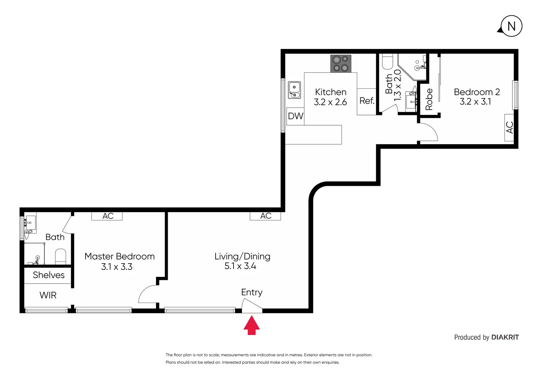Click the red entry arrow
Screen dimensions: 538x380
pos(251,325)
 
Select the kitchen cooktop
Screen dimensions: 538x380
pos(341,64)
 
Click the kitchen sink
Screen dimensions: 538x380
pos(294,90)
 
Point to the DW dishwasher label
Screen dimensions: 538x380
pos(295,116)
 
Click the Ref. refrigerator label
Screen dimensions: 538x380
pos(367,101)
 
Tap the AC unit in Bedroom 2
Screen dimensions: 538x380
pos(509,127)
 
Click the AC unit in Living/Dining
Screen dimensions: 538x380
pos(265,216)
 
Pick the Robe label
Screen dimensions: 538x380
pos(429,99)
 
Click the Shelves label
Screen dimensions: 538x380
pos(49,275)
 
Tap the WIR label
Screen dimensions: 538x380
pos(48,295)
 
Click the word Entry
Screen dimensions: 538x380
pos(252,292)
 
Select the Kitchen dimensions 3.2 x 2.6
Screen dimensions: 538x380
pos(330,102)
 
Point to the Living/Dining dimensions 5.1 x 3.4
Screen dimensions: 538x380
pos(240,266)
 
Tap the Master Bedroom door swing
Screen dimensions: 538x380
pos(147,294)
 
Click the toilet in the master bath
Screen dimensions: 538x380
pos(61,257)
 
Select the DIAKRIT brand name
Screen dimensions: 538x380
pos(505,337)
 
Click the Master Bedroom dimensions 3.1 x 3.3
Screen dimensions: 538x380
pos(117,267)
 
